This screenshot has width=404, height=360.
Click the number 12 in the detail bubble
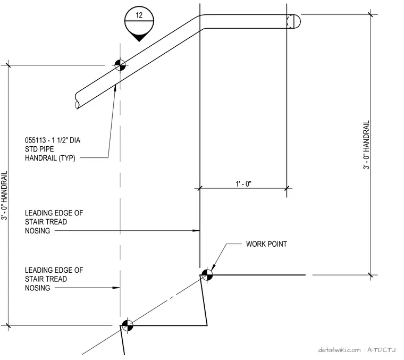139,15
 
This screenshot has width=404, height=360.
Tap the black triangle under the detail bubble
139,38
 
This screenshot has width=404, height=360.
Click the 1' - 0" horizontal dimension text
243,183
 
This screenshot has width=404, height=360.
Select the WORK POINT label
266,244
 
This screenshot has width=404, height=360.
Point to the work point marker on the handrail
120,65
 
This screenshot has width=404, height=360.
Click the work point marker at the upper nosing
207,275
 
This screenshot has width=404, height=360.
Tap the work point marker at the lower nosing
127,325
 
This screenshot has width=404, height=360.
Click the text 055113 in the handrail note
35,140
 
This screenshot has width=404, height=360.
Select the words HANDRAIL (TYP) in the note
50,158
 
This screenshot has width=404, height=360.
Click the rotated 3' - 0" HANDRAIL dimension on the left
4,195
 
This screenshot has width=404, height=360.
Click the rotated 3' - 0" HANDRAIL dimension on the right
366,145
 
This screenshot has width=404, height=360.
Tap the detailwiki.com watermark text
339,350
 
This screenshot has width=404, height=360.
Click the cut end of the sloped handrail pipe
77,101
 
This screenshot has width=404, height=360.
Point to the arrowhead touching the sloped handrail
115,88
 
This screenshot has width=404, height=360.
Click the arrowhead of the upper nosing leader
196,230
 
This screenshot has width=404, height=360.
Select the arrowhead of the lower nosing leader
116,288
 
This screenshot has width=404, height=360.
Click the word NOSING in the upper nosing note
37,231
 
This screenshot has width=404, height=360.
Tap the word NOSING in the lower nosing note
37,288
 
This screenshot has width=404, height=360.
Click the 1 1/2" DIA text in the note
66,140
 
